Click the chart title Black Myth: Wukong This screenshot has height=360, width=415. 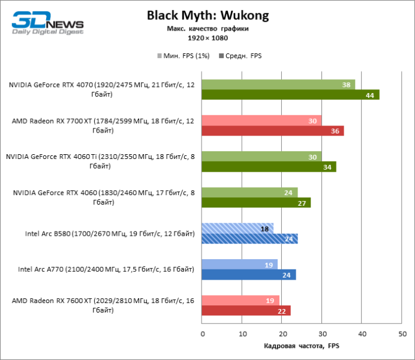(207, 16)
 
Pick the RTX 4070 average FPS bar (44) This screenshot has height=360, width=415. (290, 95)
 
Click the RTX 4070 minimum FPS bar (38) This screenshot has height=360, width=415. (278, 85)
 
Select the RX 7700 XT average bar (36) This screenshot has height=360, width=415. (273, 131)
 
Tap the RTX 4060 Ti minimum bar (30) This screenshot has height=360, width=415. (261, 157)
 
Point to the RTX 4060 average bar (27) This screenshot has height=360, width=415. (256, 203)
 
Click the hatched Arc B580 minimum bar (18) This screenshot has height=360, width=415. (237, 229)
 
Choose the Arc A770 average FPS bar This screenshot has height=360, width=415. (249, 275)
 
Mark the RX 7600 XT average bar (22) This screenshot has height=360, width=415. (246, 310)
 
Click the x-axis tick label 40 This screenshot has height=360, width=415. (362, 334)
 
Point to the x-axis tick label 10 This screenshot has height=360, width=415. (242, 334)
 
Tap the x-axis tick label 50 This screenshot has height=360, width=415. (401, 334)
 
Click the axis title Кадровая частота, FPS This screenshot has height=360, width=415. (302, 346)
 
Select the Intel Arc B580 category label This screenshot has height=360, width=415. (110, 234)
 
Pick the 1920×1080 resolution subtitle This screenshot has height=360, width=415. (207, 38)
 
